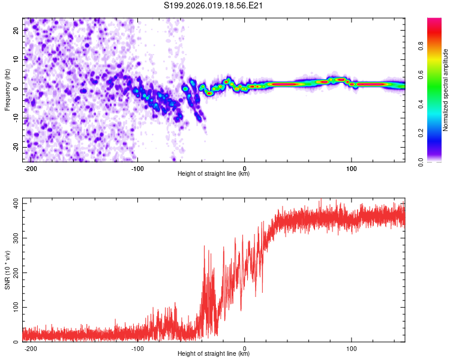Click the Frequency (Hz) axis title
click(x=7, y=89)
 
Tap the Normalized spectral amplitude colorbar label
click(x=445, y=91)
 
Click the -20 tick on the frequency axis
click(x=16, y=147)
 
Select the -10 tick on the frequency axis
click(x=16, y=118)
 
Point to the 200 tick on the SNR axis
click(x=15, y=273)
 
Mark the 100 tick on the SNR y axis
click(x=15, y=307)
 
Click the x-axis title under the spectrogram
click(x=214, y=174)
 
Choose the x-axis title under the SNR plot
click(x=214, y=354)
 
